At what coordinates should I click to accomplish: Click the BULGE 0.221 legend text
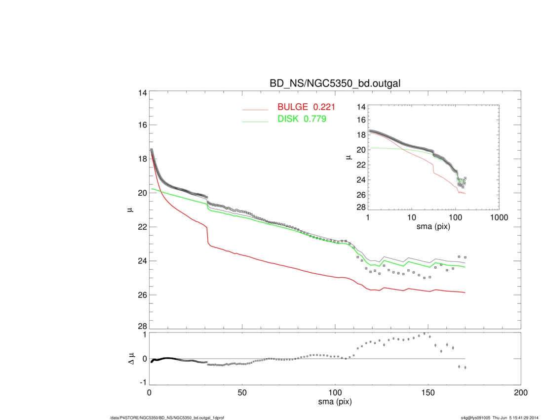pyautogui.click(x=306, y=106)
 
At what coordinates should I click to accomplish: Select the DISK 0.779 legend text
pyautogui.click(x=302, y=119)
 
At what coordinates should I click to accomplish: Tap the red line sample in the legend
pyautogui.click(x=255, y=110)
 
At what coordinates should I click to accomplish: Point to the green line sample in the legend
pyautogui.click(x=255, y=122)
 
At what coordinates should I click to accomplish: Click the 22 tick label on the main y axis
pyautogui.click(x=142, y=227)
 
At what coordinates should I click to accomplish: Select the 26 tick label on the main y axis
pyautogui.click(x=142, y=295)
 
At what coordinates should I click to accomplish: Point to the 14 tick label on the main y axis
pyautogui.click(x=142, y=92)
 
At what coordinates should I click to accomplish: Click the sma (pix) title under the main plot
pyautogui.click(x=335, y=403)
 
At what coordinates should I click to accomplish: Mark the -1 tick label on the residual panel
pyautogui.click(x=143, y=382)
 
